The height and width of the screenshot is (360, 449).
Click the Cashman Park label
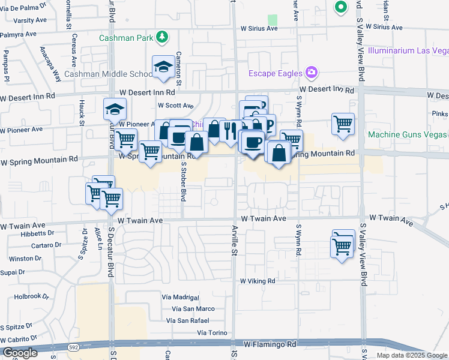pyautogui.click(x=126, y=38)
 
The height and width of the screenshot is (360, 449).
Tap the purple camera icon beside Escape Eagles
pyautogui.click(x=311, y=73)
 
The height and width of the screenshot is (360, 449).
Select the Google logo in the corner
pyautogui.click(x=20, y=353)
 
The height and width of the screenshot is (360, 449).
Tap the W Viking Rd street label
pyautogui.click(x=258, y=281)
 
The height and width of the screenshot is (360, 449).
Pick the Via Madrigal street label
pyautogui.click(x=180, y=297)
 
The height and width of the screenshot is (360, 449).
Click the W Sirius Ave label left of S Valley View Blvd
pyautogui.click(x=259, y=28)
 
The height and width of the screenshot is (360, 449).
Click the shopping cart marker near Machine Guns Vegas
pyautogui.click(x=343, y=124)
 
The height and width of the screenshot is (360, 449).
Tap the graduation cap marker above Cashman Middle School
pyautogui.click(x=163, y=67)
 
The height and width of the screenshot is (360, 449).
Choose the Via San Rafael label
pyautogui.click(x=190, y=320)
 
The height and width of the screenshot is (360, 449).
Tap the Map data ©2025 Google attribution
pyautogui.click(x=411, y=355)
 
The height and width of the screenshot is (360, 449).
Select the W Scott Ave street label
pyautogui.click(x=175, y=105)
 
